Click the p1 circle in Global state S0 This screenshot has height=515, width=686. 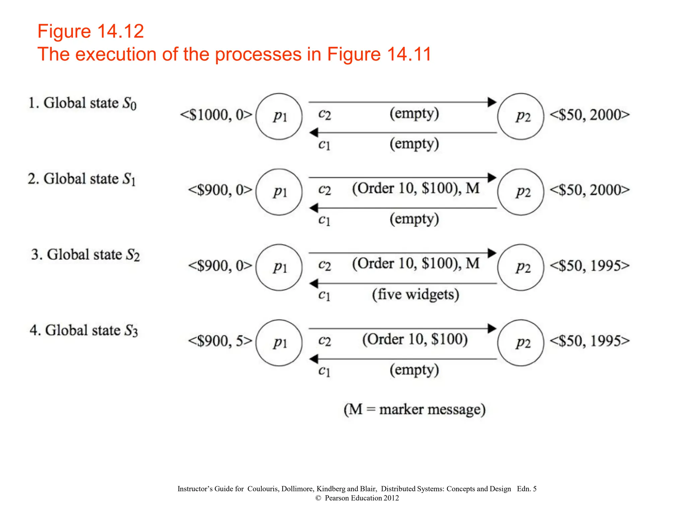click(279, 116)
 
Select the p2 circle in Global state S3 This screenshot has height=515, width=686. click(521, 343)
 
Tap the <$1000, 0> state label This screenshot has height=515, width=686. click(216, 115)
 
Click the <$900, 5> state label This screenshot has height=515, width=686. click(220, 341)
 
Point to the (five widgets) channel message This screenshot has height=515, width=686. click(415, 294)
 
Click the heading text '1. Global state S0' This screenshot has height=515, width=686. click(82, 103)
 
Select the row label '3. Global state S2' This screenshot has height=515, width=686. click(85, 254)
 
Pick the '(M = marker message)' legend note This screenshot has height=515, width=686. click(415, 409)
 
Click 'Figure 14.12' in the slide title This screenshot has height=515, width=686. click(90, 31)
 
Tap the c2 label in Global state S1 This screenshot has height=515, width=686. click(324, 190)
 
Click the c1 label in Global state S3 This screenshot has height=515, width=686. click(324, 371)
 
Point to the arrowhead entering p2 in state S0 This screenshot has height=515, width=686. click(492, 102)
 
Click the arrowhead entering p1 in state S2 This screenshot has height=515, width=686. click(314, 284)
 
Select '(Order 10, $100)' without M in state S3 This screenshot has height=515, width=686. click(415, 339)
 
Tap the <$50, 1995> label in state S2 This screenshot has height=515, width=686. click(590, 266)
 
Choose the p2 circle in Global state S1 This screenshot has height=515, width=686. click(521, 192)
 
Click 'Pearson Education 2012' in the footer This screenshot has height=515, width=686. click(361, 498)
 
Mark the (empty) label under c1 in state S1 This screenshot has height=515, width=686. click(414, 219)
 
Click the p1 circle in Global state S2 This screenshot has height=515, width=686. click(279, 267)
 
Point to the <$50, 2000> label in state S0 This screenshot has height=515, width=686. click(590, 115)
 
